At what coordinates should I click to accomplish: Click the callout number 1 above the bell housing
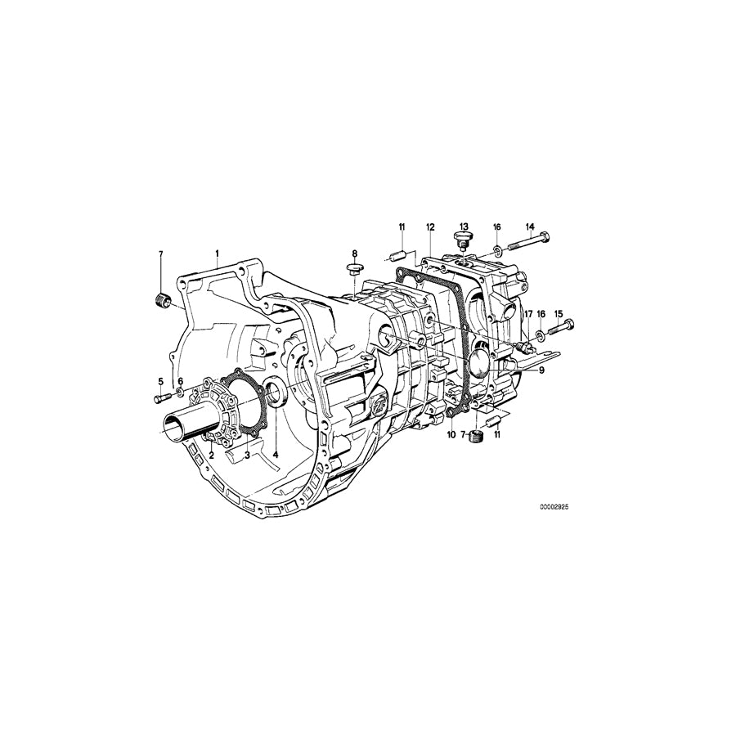217,254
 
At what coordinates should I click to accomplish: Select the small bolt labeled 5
159,398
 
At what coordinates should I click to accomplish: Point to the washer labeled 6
177,400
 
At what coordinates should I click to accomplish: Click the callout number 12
430,226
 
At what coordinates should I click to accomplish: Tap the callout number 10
450,435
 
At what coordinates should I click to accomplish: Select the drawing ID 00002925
553,507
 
